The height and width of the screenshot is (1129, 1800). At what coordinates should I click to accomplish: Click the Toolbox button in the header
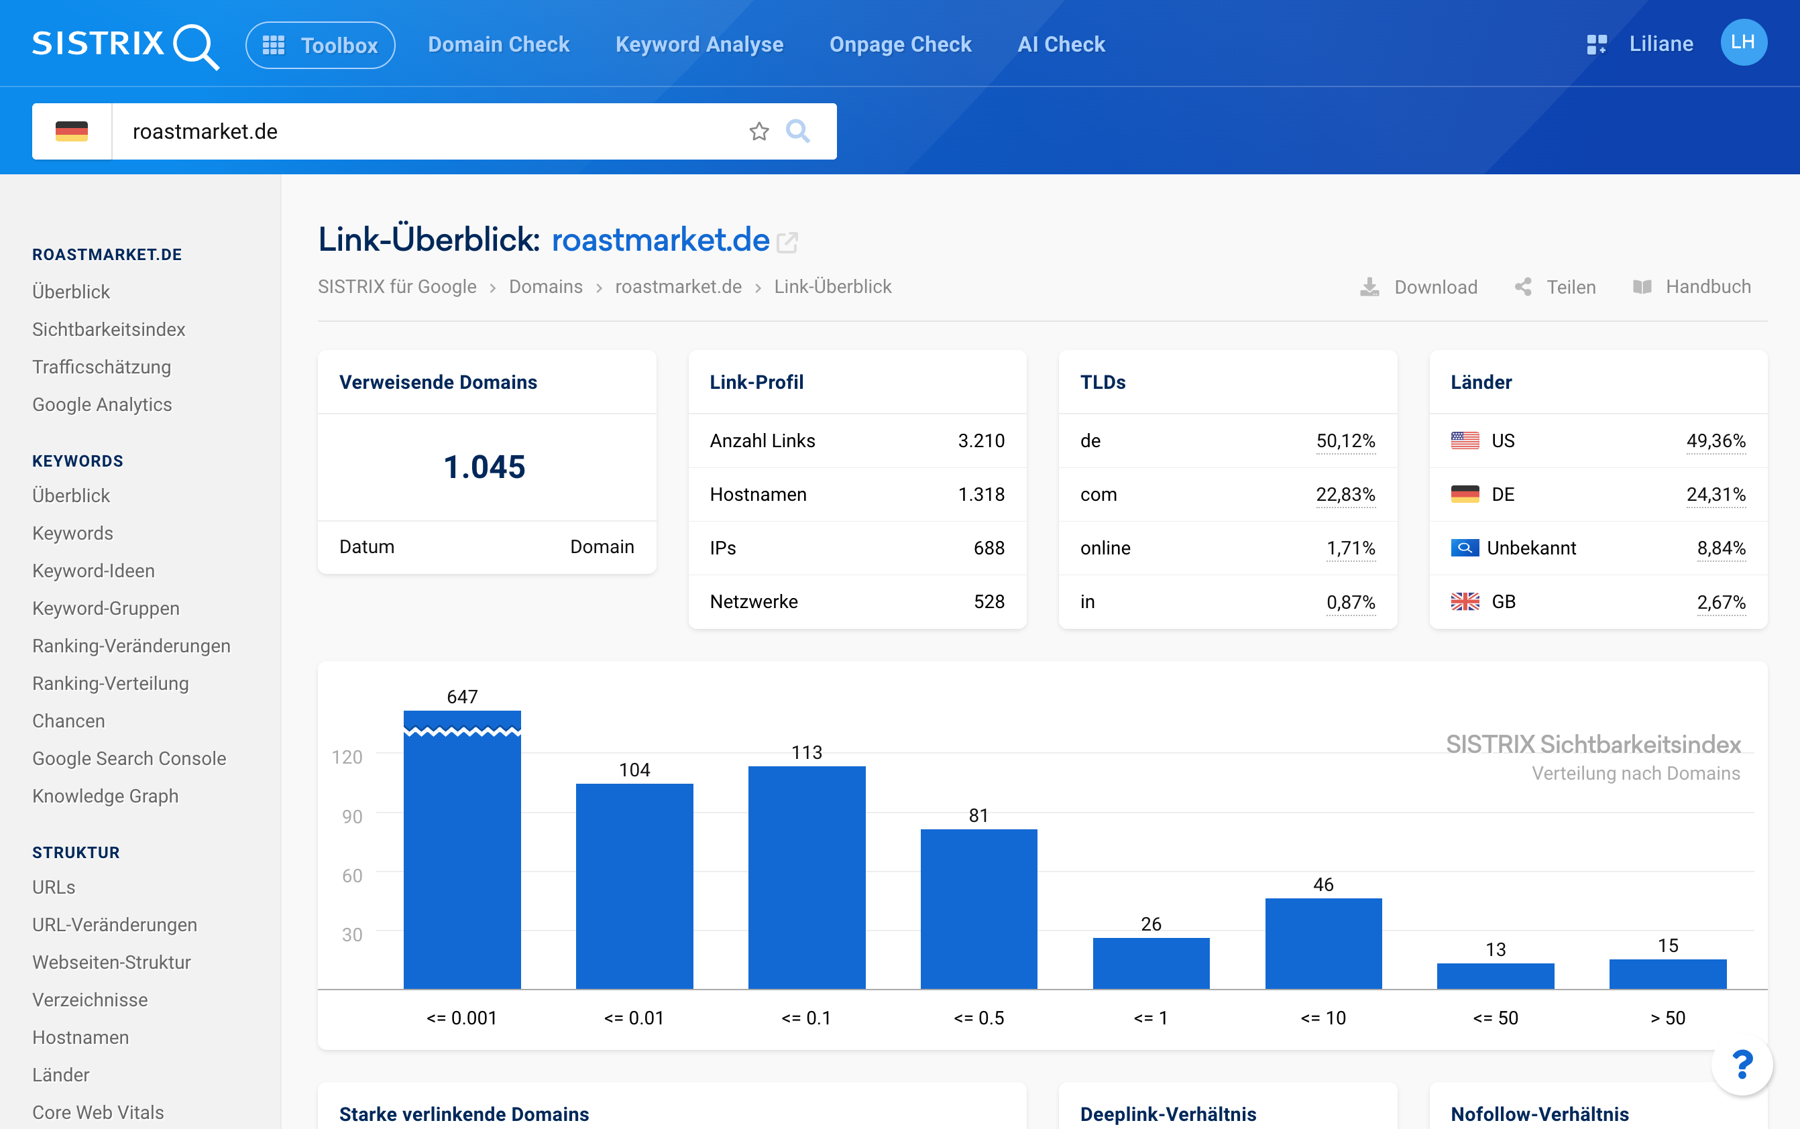[320, 45]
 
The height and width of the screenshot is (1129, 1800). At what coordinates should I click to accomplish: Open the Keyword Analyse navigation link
[699, 44]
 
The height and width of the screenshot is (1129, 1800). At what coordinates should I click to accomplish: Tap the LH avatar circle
[1743, 42]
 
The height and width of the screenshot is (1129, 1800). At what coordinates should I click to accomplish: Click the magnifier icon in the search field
[797, 131]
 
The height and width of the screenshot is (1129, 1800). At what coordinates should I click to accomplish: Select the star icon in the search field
[759, 131]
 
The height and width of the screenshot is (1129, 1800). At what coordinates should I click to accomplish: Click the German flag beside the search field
[72, 131]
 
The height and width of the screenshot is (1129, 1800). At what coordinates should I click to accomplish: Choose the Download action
[1418, 287]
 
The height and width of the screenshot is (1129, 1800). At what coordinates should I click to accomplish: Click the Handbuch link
[1692, 287]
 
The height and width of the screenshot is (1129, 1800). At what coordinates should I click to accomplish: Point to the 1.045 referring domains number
[485, 467]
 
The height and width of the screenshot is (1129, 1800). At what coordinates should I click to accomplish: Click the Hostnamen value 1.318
[980, 494]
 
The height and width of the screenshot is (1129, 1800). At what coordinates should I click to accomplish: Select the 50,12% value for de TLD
[1345, 440]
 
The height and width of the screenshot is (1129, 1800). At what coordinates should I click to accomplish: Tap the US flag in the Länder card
[1465, 440]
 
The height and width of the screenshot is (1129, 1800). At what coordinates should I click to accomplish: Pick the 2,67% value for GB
[1721, 602]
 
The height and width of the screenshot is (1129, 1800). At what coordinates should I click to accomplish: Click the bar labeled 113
[807, 878]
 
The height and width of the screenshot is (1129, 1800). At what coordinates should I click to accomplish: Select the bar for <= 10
[1323, 944]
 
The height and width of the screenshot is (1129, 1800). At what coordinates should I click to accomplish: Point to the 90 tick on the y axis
[352, 816]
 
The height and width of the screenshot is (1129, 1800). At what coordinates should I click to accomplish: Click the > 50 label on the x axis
[1668, 1018]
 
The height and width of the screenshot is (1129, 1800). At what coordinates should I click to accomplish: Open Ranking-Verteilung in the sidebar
[111, 683]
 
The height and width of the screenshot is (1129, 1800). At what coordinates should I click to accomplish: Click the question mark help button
[1742, 1065]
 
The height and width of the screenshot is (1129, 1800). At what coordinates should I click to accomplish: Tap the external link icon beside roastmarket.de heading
[787, 243]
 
